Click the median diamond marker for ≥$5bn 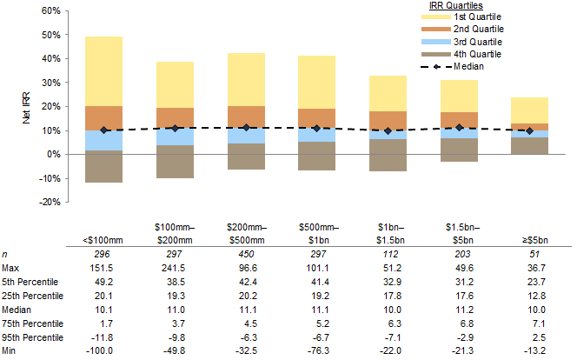coord(529,130)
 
